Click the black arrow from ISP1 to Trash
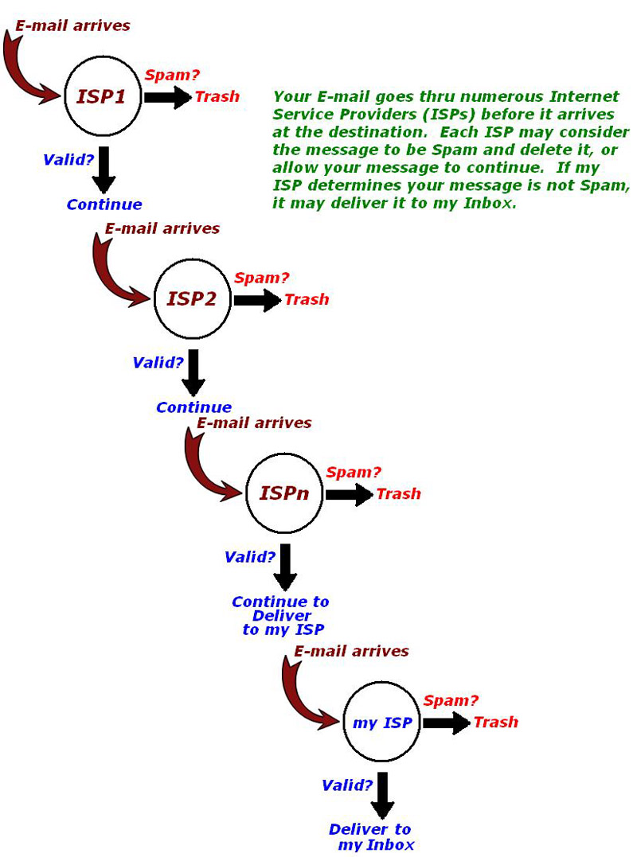[x=169, y=97]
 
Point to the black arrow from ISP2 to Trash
[x=258, y=300]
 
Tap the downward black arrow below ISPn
[x=285, y=567]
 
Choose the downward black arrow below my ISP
[x=382, y=795]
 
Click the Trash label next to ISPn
[x=399, y=494]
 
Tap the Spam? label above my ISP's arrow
[x=451, y=701]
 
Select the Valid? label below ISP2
[x=158, y=363]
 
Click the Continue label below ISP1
[x=104, y=205]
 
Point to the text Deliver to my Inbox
[x=371, y=837]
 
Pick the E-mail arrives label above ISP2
[x=162, y=228]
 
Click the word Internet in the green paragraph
[x=584, y=97]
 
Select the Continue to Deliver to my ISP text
[x=281, y=616]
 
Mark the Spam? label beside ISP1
[x=172, y=76]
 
